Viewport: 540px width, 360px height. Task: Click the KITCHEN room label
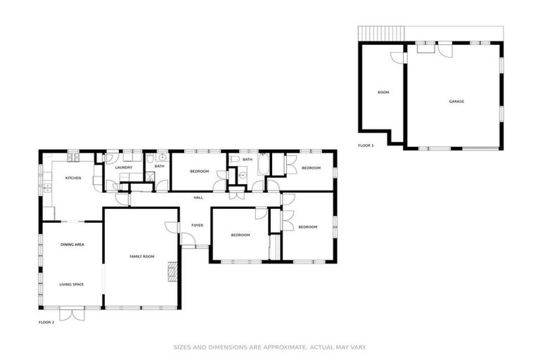pos(73,178)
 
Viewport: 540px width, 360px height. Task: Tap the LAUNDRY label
pos(124,167)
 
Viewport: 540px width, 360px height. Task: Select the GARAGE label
pos(456,101)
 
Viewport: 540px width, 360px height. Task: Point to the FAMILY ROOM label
pos(141,257)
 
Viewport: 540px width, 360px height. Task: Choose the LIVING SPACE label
pos(72,284)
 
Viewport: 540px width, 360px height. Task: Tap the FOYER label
pos(197,225)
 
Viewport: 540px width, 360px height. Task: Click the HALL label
pos(198,198)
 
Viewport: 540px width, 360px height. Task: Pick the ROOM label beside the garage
pos(383,92)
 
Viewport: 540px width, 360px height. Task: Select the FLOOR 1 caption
pos(366,146)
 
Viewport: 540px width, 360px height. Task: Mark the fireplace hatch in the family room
pos(172,271)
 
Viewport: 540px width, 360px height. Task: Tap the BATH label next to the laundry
pos(160,166)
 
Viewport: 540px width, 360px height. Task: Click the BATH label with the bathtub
pos(247,160)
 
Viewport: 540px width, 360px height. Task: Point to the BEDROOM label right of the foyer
pos(240,235)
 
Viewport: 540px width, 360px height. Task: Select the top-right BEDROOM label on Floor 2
pos(311,167)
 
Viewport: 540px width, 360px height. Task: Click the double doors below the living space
pos(72,314)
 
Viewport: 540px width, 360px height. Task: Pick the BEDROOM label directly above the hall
pos(199,172)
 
